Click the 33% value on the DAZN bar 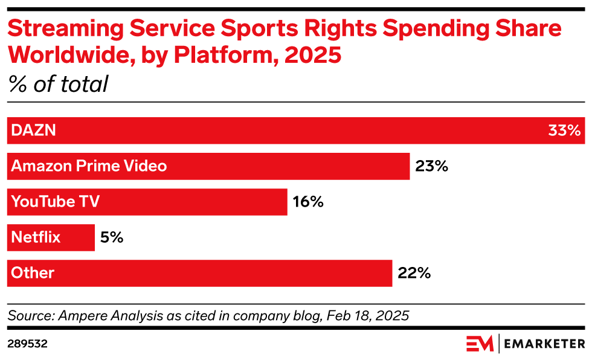[564, 130]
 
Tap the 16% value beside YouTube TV [308, 202]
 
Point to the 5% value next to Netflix [111, 237]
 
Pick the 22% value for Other [414, 273]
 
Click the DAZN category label [34, 130]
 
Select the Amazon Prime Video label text [89, 166]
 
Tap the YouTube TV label [56, 202]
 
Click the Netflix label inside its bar [36, 237]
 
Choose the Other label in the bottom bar [33, 273]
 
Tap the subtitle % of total [58, 84]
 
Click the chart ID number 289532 [27, 344]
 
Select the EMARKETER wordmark [543, 344]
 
